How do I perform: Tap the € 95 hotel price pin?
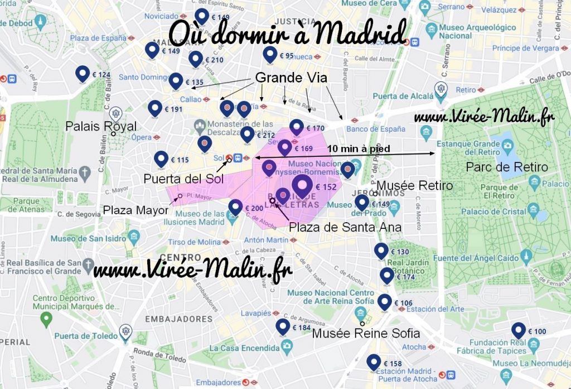tap(270, 54)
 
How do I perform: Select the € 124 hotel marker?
tap(83, 73)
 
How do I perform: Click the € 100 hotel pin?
tap(519, 330)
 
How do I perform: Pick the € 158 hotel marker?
tap(374, 362)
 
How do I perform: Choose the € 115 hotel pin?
tap(162, 159)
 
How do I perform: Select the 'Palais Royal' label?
tap(100, 127)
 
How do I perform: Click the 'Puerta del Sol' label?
tap(183, 179)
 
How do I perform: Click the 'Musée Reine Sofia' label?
tap(365, 334)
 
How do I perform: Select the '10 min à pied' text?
tap(358, 149)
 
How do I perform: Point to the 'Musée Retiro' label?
tap(415, 185)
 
